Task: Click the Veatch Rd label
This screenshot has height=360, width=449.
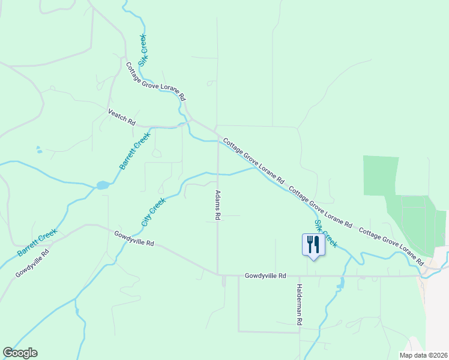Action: (x=121, y=116)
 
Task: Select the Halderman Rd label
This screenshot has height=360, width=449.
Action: (x=299, y=304)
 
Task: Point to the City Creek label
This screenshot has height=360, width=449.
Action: (x=153, y=212)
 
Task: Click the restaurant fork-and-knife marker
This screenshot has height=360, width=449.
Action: (x=313, y=244)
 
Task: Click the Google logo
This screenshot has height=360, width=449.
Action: (x=20, y=353)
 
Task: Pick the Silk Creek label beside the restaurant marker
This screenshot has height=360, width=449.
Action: (x=326, y=233)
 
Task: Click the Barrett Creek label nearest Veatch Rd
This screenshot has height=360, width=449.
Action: (x=133, y=152)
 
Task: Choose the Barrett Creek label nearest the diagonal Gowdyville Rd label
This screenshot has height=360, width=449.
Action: (x=37, y=242)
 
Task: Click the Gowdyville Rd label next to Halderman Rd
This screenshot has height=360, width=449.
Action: (x=265, y=276)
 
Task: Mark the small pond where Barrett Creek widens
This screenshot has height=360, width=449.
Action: (x=102, y=185)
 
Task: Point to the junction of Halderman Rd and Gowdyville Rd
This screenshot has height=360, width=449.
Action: (x=299, y=276)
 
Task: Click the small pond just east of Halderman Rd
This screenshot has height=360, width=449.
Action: (x=342, y=282)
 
